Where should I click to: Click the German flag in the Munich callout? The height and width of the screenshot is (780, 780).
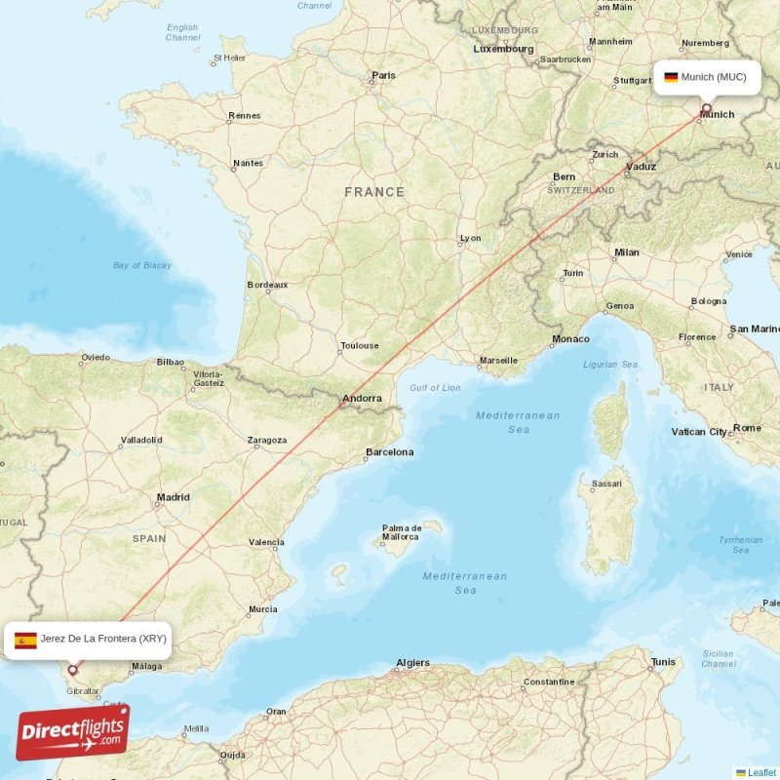671,77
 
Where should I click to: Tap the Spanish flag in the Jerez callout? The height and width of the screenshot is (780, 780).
25,640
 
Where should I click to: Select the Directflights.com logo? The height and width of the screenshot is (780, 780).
72,733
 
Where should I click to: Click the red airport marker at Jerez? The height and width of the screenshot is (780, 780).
72,671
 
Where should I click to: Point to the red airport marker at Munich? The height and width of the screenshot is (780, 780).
707,108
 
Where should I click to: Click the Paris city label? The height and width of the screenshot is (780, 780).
383,75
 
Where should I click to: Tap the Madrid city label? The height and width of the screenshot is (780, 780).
174,497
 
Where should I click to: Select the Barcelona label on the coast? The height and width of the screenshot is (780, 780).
389,452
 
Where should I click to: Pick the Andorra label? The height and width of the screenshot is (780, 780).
361,399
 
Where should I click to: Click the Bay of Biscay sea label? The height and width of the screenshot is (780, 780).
142,265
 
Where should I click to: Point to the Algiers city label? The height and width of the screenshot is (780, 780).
412,663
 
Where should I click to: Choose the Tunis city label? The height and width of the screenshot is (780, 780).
663,663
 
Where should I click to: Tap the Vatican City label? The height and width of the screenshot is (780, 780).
699,431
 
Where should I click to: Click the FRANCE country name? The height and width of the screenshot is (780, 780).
374,192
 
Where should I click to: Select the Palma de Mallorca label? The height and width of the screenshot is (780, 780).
401,532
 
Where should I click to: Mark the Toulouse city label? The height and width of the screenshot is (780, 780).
359,346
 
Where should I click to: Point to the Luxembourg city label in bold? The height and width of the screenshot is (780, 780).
503,49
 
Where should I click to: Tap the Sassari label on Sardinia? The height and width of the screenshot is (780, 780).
607,484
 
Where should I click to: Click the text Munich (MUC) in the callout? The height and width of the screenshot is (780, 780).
714,77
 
